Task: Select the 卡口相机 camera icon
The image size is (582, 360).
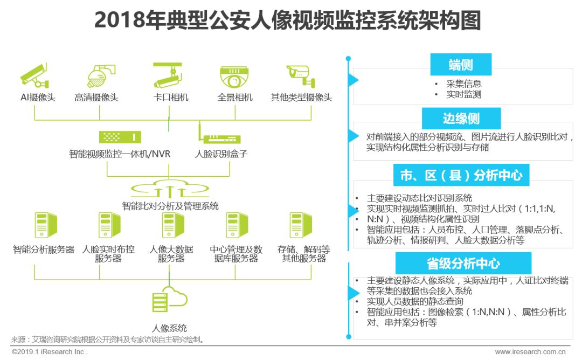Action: [169, 75]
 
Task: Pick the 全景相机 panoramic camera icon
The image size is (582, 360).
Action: [235, 77]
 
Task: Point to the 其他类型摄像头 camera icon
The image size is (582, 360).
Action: [301, 75]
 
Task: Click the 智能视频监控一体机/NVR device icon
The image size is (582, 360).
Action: [120, 137]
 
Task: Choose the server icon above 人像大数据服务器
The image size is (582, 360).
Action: [172, 226]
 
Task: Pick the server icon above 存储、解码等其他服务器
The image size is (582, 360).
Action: [300, 226]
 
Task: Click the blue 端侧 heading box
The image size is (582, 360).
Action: [461, 65]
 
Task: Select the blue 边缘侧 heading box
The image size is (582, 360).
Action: [461, 118]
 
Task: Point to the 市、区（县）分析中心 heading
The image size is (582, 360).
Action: [461, 175]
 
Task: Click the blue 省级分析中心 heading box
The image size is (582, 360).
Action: [463, 263]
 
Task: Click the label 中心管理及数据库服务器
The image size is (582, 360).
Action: [236, 254]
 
